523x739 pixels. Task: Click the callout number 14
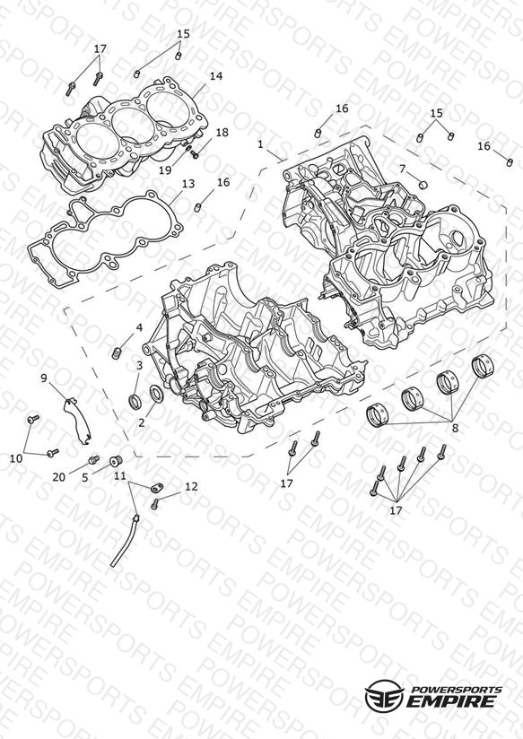[216, 76]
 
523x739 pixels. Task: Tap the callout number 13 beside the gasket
[188, 184]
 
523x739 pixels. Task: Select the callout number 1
[261, 144]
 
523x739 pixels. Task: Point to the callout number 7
[402, 169]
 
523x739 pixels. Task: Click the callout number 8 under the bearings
[455, 428]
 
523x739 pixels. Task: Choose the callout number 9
[44, 378]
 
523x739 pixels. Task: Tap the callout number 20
[59, 477]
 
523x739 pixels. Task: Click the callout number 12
[191, 486]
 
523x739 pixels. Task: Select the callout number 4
[139, 327]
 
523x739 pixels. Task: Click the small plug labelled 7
[423, 183]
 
